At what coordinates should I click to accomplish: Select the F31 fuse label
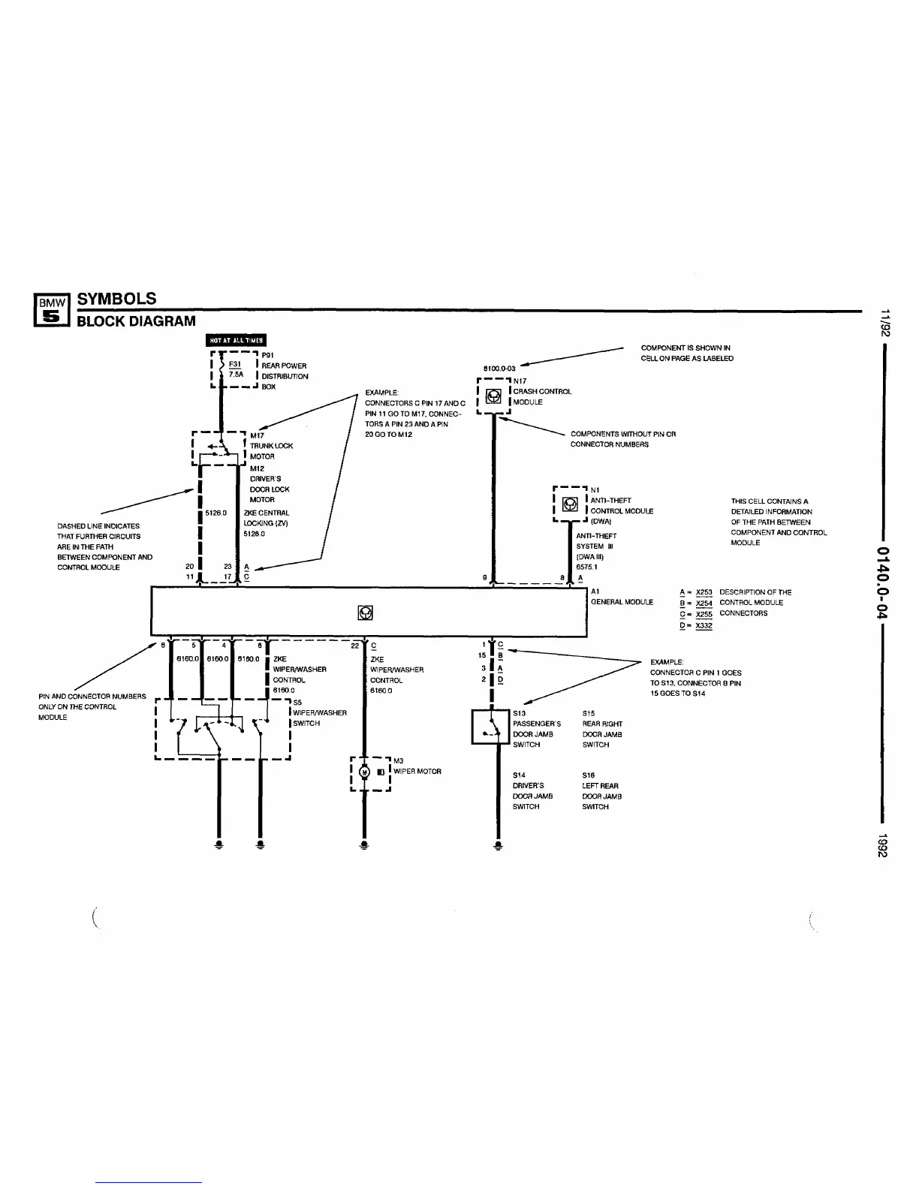[224, 366]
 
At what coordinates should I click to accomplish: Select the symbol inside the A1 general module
[366, 613]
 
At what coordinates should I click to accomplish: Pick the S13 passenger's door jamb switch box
[490, 727]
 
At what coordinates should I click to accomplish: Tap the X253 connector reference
[704, 592]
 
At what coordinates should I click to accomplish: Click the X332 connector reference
[704, 625]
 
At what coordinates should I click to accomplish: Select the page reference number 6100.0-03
[499, 369]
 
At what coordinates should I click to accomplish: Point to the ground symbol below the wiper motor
[364, 844]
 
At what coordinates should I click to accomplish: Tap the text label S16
[588, 775]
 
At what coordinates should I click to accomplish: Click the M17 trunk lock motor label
[257, 435]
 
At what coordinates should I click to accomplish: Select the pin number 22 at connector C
[355, 645]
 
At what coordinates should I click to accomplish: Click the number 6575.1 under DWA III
[586, 567]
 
